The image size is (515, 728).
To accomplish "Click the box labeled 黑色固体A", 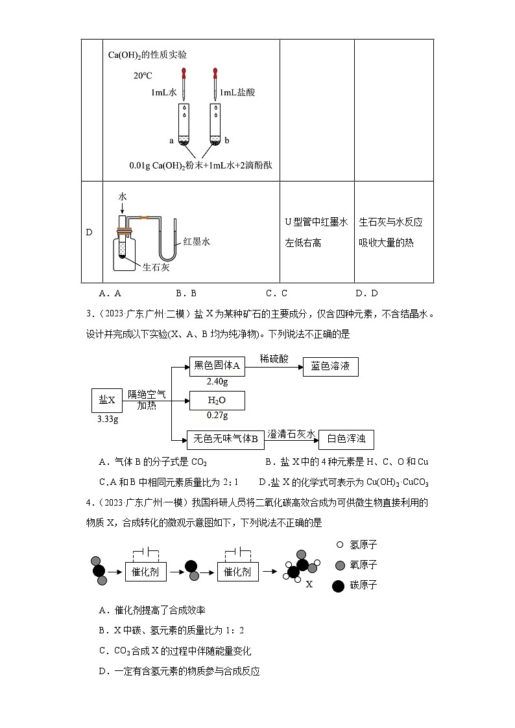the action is (217, 366).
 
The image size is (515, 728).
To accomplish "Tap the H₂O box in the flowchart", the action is (217, 400).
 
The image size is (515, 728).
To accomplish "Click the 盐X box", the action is (107, 400).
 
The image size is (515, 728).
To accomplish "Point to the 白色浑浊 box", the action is (346, 440).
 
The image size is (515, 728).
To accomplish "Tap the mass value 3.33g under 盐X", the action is (107, 419).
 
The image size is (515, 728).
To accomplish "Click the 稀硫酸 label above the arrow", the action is (274, 358).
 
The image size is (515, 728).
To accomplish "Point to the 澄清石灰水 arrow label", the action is (291, 433).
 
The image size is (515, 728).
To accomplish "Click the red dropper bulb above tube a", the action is (185, 73).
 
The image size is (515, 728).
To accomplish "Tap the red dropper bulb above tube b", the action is (215, 73).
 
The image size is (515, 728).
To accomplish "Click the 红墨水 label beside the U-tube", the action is (197, 241).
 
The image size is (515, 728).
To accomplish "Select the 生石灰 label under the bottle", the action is (156, 266).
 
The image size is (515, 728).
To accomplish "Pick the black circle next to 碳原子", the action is (338, 585).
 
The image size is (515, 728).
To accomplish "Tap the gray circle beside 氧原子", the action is (338, 565).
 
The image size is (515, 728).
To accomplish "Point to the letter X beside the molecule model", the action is (309, 584).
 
